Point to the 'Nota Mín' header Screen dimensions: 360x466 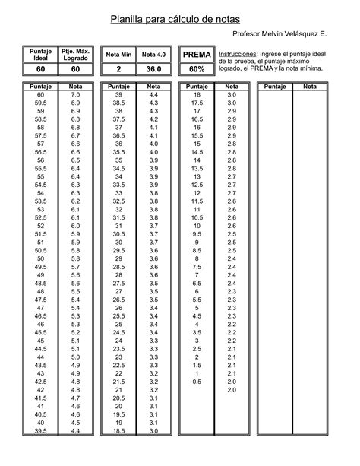click(119, 55)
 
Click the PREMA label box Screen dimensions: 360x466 click(197, 55)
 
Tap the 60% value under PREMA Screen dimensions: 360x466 click(197, 69)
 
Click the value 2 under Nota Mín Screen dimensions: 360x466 click(119, 69)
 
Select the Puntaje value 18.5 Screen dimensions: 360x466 click(118, 431)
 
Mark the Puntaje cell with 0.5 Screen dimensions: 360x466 click(197, 382)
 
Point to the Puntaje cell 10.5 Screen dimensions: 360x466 click(197, 217)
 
